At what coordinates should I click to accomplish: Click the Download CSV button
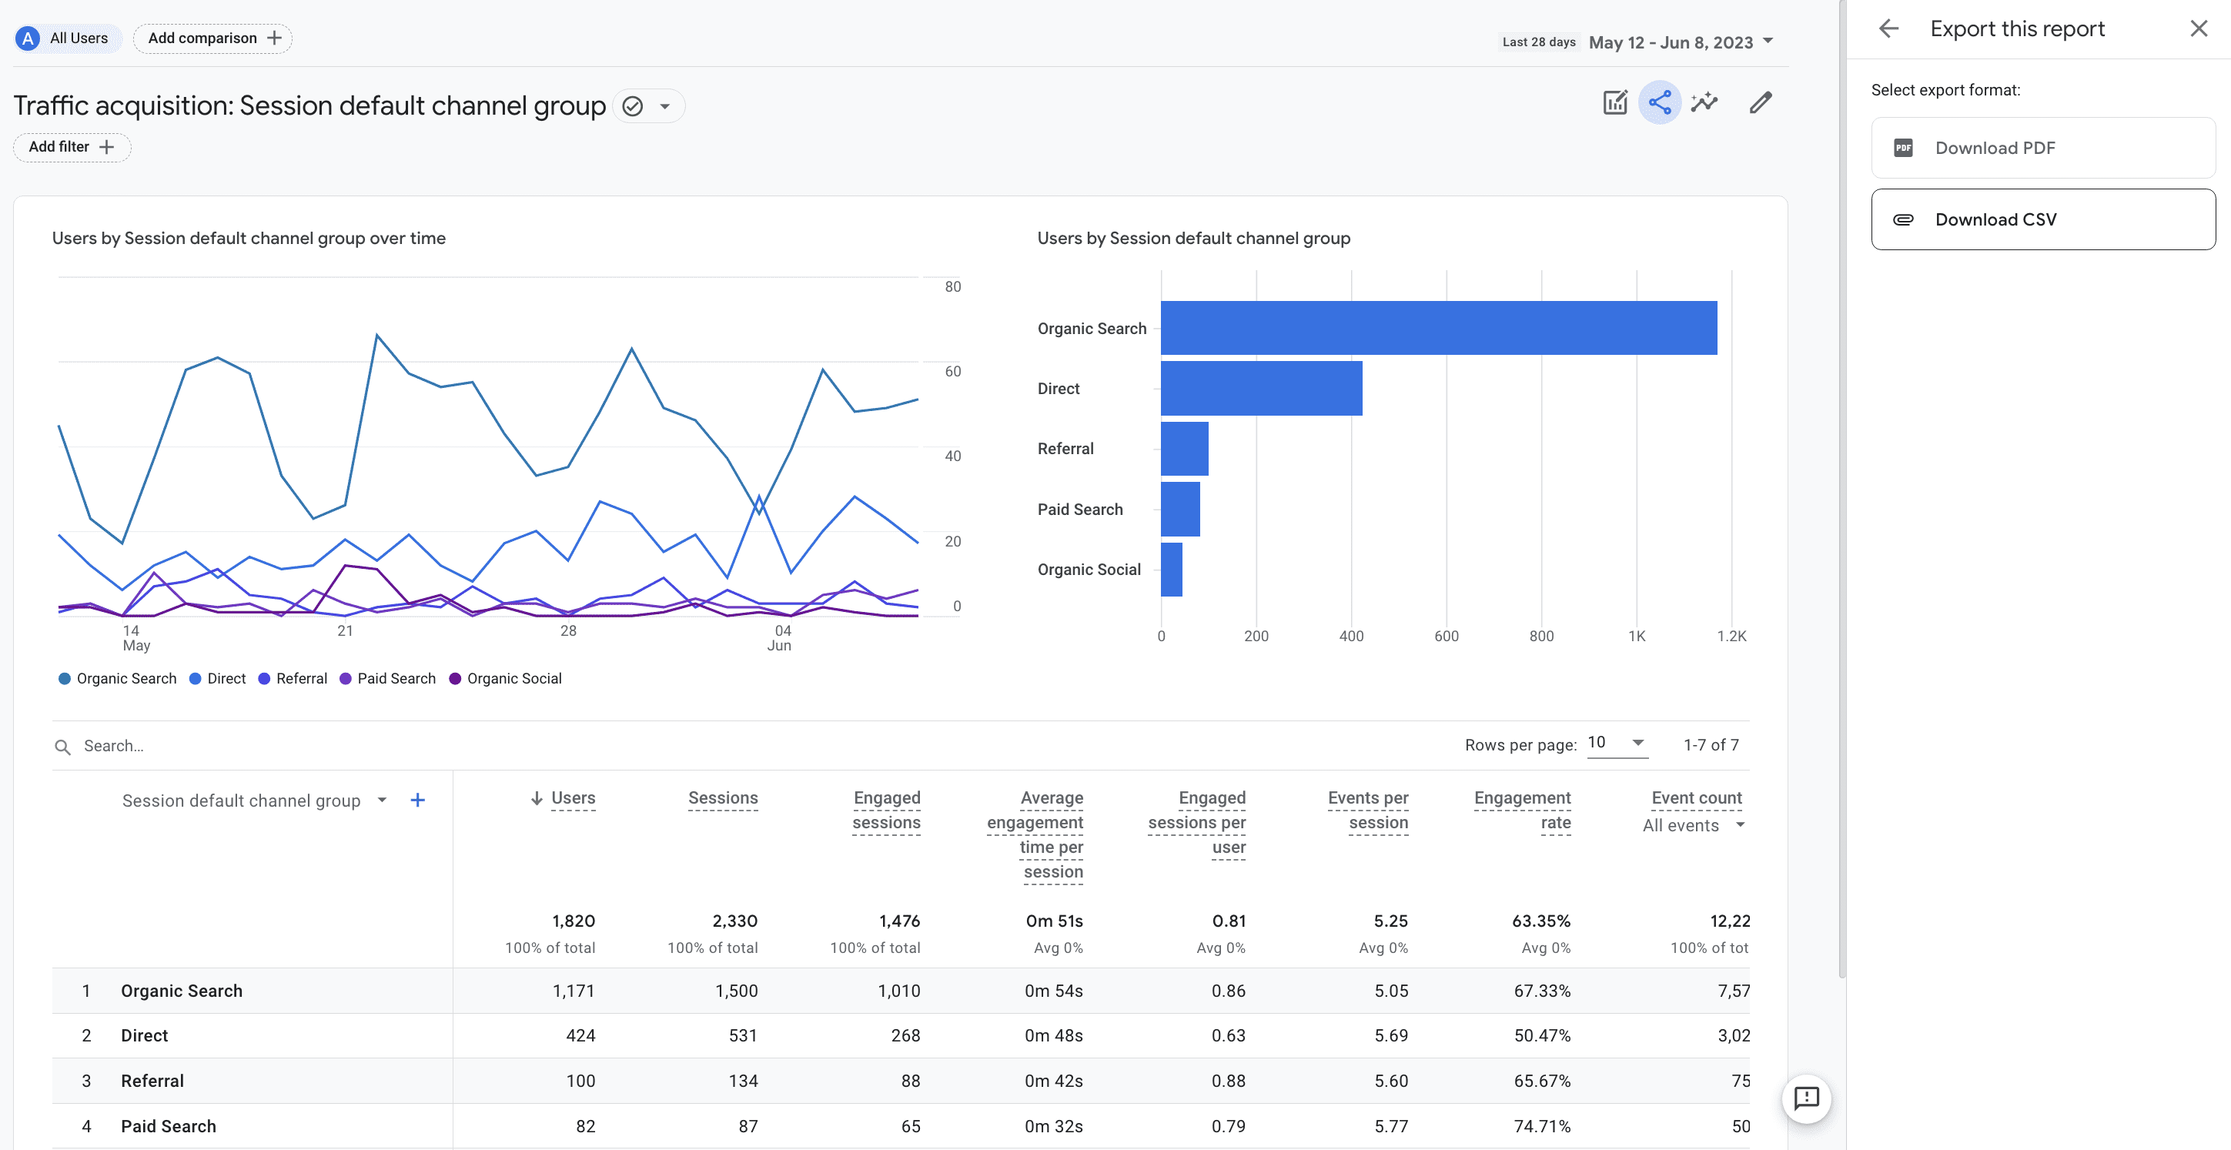tap(2042, 220)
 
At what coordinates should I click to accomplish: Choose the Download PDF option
tap(2042, 148)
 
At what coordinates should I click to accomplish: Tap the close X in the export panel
tap(2198, 28)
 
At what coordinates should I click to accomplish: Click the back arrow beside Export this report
tap(1889, 28)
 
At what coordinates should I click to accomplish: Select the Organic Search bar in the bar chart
tap(1438, 328)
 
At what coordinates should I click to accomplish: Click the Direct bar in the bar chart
tap(1261, 389)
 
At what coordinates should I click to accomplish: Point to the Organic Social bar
tap(1171, 570)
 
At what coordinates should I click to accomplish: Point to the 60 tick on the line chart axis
tap(952, 372)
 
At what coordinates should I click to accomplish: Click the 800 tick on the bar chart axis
tap(1540, 637)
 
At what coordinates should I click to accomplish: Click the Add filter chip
tap(72, 147)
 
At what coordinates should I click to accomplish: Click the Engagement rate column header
tap(1522, 810)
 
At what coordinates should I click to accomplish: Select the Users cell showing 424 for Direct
tap(580, 1036)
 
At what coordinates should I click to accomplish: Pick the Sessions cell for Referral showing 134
tap(742, 1081)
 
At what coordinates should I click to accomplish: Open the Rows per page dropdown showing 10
tap(1616, 743)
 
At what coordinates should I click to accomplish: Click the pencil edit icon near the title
tap(1760, 103)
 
